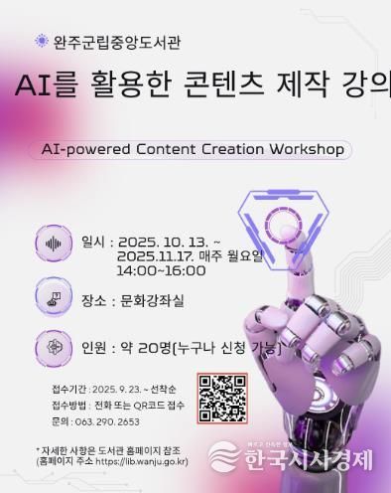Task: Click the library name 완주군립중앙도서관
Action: [117, 42]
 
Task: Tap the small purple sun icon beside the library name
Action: [41, 42]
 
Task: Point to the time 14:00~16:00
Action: [161, 269]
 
